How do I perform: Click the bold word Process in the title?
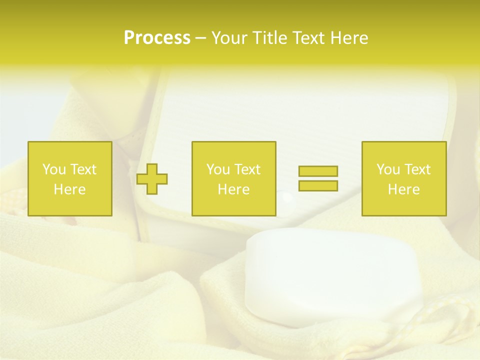coord(157,38)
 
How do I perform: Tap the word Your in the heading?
coord(229,38)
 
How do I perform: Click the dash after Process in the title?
coord(200,38)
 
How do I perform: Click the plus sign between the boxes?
coord(152,179)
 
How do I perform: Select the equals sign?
coord(318,178)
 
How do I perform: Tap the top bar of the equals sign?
coord(318,171)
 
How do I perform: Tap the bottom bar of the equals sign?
coord(318,185)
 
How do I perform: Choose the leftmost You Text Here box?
coord(70,178)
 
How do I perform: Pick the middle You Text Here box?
coord(234,178)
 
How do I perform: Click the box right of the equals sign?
coord(404,178)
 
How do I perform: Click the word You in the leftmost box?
coord(54,169)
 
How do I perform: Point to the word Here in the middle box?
coord(234,189)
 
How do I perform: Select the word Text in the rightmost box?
coord(416,169)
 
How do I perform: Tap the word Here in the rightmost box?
coord(404,189)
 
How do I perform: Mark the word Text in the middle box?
coord(246,169)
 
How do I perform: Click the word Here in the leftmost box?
coord(70,189)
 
